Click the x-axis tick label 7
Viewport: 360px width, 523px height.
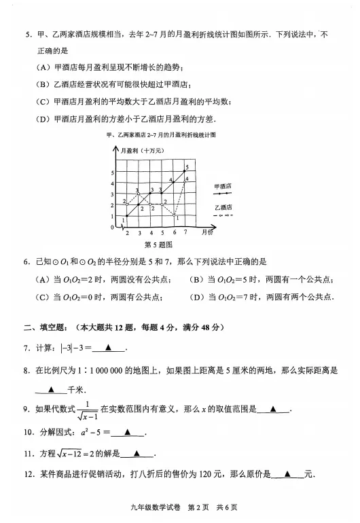[x=185, y=232]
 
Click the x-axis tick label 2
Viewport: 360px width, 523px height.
[x=127, y=232]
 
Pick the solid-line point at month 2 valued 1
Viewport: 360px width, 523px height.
[x=127, y=216]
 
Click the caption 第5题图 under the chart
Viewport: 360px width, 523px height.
[x=158, y=243]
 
